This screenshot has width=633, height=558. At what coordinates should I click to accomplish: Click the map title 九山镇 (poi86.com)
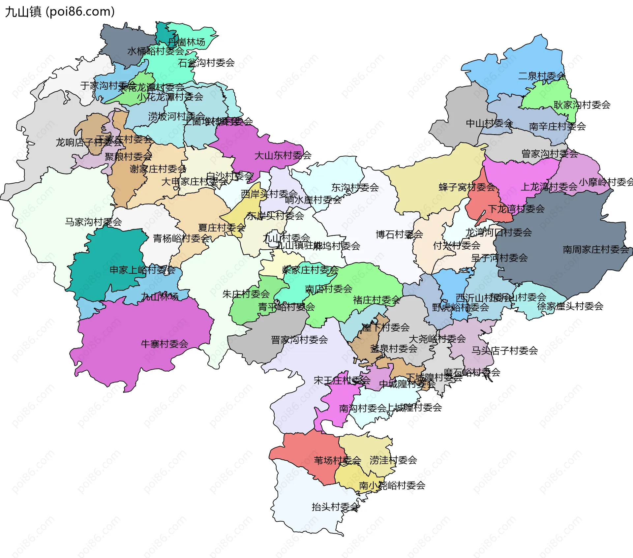coord(60,12)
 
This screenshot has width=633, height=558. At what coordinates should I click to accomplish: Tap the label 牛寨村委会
coord(164,344)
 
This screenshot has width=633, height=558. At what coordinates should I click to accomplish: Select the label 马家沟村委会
coord(93,222)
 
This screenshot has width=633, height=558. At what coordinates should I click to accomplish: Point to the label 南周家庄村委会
coord(596,250)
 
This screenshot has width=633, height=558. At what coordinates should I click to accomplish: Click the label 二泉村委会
coord(542,76)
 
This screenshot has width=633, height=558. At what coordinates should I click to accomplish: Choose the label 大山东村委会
coord(283,156)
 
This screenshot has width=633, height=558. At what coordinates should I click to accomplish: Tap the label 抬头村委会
coord(335,507)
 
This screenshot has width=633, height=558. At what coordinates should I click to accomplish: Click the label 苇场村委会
coord(337,460)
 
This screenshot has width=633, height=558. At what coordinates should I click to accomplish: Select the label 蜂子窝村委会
coord(467,187)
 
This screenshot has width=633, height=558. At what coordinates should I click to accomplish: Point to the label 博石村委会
coord(399,235)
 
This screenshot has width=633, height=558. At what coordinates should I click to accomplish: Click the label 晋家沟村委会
coord(299,340)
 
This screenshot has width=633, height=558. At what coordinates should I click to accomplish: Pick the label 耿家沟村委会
coord(582,105)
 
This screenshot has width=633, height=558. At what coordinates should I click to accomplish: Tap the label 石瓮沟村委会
coord(206,63)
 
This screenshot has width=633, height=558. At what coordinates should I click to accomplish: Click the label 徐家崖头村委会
coord(570,306)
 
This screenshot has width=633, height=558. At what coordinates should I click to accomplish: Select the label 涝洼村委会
coord(393,460)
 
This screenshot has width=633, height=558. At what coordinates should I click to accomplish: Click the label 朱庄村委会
coord(246,294)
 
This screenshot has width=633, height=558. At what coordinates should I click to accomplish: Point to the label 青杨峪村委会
coord(181,238)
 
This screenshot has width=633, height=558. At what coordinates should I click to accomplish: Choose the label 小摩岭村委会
coord(606,182)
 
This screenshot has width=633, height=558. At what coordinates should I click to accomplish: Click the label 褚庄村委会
coord(377,300)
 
